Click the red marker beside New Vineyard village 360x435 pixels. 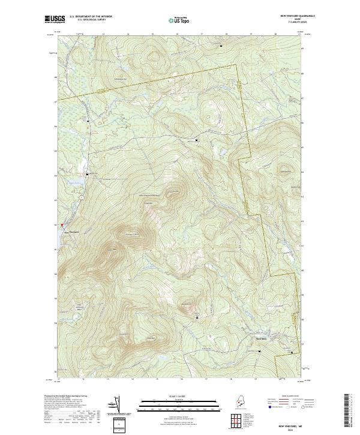click(61, 226)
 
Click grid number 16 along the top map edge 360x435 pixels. click(178, 35)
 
